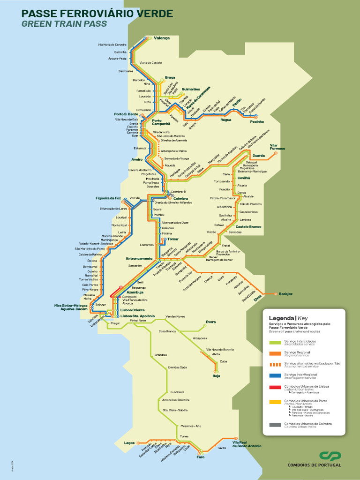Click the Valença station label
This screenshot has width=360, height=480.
point(162,38)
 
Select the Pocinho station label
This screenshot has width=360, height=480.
point(257,121)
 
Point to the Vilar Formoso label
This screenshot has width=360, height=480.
point(277,147)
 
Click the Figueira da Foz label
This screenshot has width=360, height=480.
point(108,198)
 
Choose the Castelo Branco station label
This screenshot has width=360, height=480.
point(248,227)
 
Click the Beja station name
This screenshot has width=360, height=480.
point(217,376)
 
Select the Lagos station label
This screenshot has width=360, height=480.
point(129,442)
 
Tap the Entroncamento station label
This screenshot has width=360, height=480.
point(139,258)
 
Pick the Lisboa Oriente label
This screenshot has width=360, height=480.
point(133,310)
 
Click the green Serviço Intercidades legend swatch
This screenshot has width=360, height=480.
point(275,343)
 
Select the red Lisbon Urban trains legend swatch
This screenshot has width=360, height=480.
point(275,388)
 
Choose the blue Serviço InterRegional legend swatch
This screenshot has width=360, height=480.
point(275,376)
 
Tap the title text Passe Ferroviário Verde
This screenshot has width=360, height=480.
point(97,14)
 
